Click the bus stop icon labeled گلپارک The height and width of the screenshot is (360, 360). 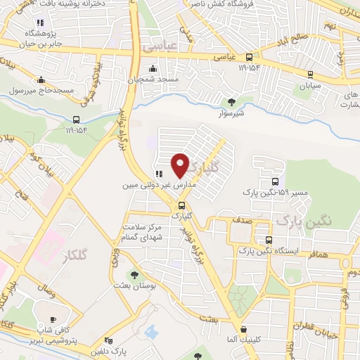[x=182, y=206]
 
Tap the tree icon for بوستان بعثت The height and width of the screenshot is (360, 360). [x=134, y=274]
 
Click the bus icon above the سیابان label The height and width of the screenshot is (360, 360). [x=308, y=72]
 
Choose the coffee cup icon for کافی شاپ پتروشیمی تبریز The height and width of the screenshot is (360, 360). [x=53, y=319]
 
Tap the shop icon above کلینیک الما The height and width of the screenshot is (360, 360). [x=243, y=328]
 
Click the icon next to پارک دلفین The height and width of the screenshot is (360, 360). [x=108, y=340]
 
